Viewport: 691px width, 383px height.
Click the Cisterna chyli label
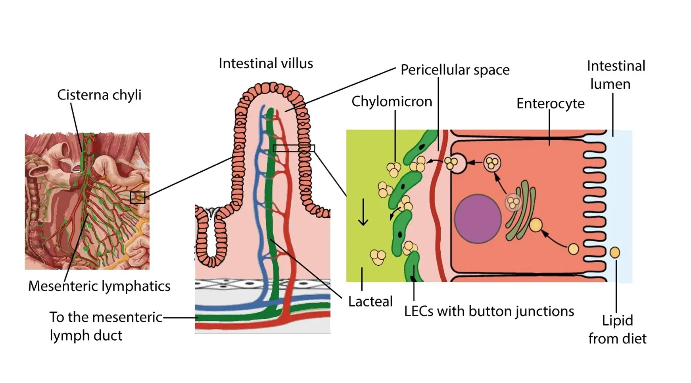pyautogui.click(x=99, y=95)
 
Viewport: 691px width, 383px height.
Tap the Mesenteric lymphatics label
pyautogui.click(x=99, y=286)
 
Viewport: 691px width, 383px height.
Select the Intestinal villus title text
pyautogui.click(x=266, y=63)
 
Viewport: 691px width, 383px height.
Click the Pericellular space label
pyautogui.click(x=455, y=70)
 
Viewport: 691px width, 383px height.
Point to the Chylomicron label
pyautogui.click(x=392, y=102)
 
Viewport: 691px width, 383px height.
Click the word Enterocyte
pyautogui.click(x=550, y=104)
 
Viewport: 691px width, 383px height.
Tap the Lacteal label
pyautogui.click(x=370, y=302)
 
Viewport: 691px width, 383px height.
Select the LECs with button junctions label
pyautogui.click(x=489, y=312)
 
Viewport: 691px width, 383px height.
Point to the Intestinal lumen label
pyautogui.click(x=616, y=75)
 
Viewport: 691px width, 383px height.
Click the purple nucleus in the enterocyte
pyautogui.click(x=478, y=218)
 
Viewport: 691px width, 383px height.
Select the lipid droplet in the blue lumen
pyautogui.click(x=614, y=253)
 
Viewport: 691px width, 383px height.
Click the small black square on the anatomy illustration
pyautogui.click(x=138, y=197)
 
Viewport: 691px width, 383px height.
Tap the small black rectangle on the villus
pyautogui.click(x=294, y=149)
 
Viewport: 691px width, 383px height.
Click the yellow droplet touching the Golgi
pyautogui.click(x=536, y=225)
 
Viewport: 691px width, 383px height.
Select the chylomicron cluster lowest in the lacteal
pyautogui.click(x=377, y=257)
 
